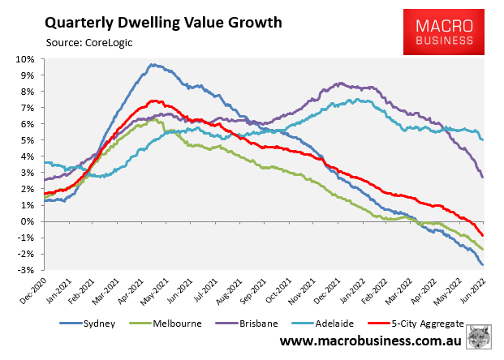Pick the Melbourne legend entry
(x=174, y=324)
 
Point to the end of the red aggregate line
(x=483, y=235)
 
